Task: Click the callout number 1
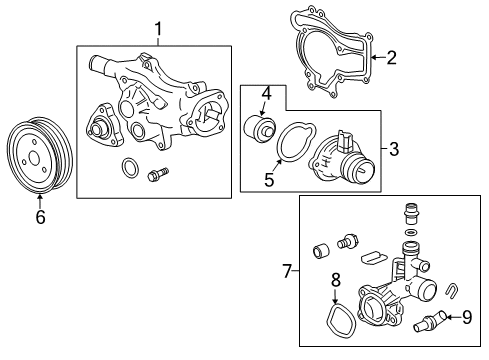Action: pos(157,30)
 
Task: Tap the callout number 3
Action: pos(393,150)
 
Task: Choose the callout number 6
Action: pos(41,215)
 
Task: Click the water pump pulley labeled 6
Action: pos(40,154)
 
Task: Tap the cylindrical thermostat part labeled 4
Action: pos(262,129)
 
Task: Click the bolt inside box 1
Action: pos(156,175)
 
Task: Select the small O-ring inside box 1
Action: pos(127,165)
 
